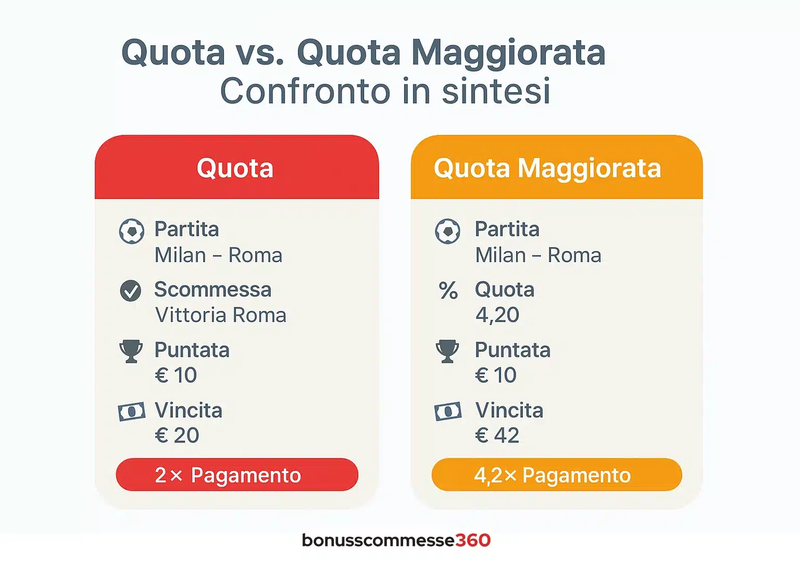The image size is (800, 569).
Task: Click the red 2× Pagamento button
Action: (x=237, y=474)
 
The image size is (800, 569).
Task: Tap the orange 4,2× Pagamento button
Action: (x=557, y=474)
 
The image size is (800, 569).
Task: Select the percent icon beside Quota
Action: (x=448, y=290)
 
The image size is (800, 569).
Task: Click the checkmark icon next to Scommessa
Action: (x=131, y=290)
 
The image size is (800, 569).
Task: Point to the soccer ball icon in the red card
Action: (x=131, y=231)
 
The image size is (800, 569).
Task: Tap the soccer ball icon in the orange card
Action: (x=447, y=231)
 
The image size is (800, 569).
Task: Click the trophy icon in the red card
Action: (x=131, y=351)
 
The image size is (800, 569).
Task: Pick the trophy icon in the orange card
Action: (x=447, y=351)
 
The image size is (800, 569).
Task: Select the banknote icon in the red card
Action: (x=131, y=412)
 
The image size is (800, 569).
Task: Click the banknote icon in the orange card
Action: (x=448, y=412)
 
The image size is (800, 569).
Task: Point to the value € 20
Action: (x=177, y=435)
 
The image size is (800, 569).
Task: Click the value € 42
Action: (x=497, y=435)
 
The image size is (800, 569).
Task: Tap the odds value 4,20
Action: (x=497, y=315)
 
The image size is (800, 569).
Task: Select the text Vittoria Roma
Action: (x=221, y=315)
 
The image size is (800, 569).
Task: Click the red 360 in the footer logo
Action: (x=473, y=540)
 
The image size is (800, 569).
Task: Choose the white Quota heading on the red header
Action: (x=235, y=168)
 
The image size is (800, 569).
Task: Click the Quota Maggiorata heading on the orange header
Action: (x=547, y=169)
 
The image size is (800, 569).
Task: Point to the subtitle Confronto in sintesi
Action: (x=385, y=91)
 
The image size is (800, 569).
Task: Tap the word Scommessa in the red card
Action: (x=213, y=289)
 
